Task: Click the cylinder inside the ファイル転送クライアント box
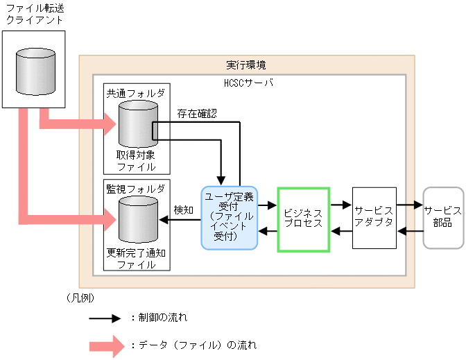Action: [33, 71]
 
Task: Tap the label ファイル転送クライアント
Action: [34, 14]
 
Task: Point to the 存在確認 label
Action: [196, 113]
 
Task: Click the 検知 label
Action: [183, 209]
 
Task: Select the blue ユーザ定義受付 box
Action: [229, 217]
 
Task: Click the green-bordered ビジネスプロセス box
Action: [302, 218]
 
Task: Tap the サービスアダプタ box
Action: [374, 217]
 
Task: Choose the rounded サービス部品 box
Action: [443, 217]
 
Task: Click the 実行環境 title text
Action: [245, 65]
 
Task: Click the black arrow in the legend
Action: [106, 318]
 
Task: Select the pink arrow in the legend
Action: [106, 345]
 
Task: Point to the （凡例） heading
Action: [78, 298]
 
